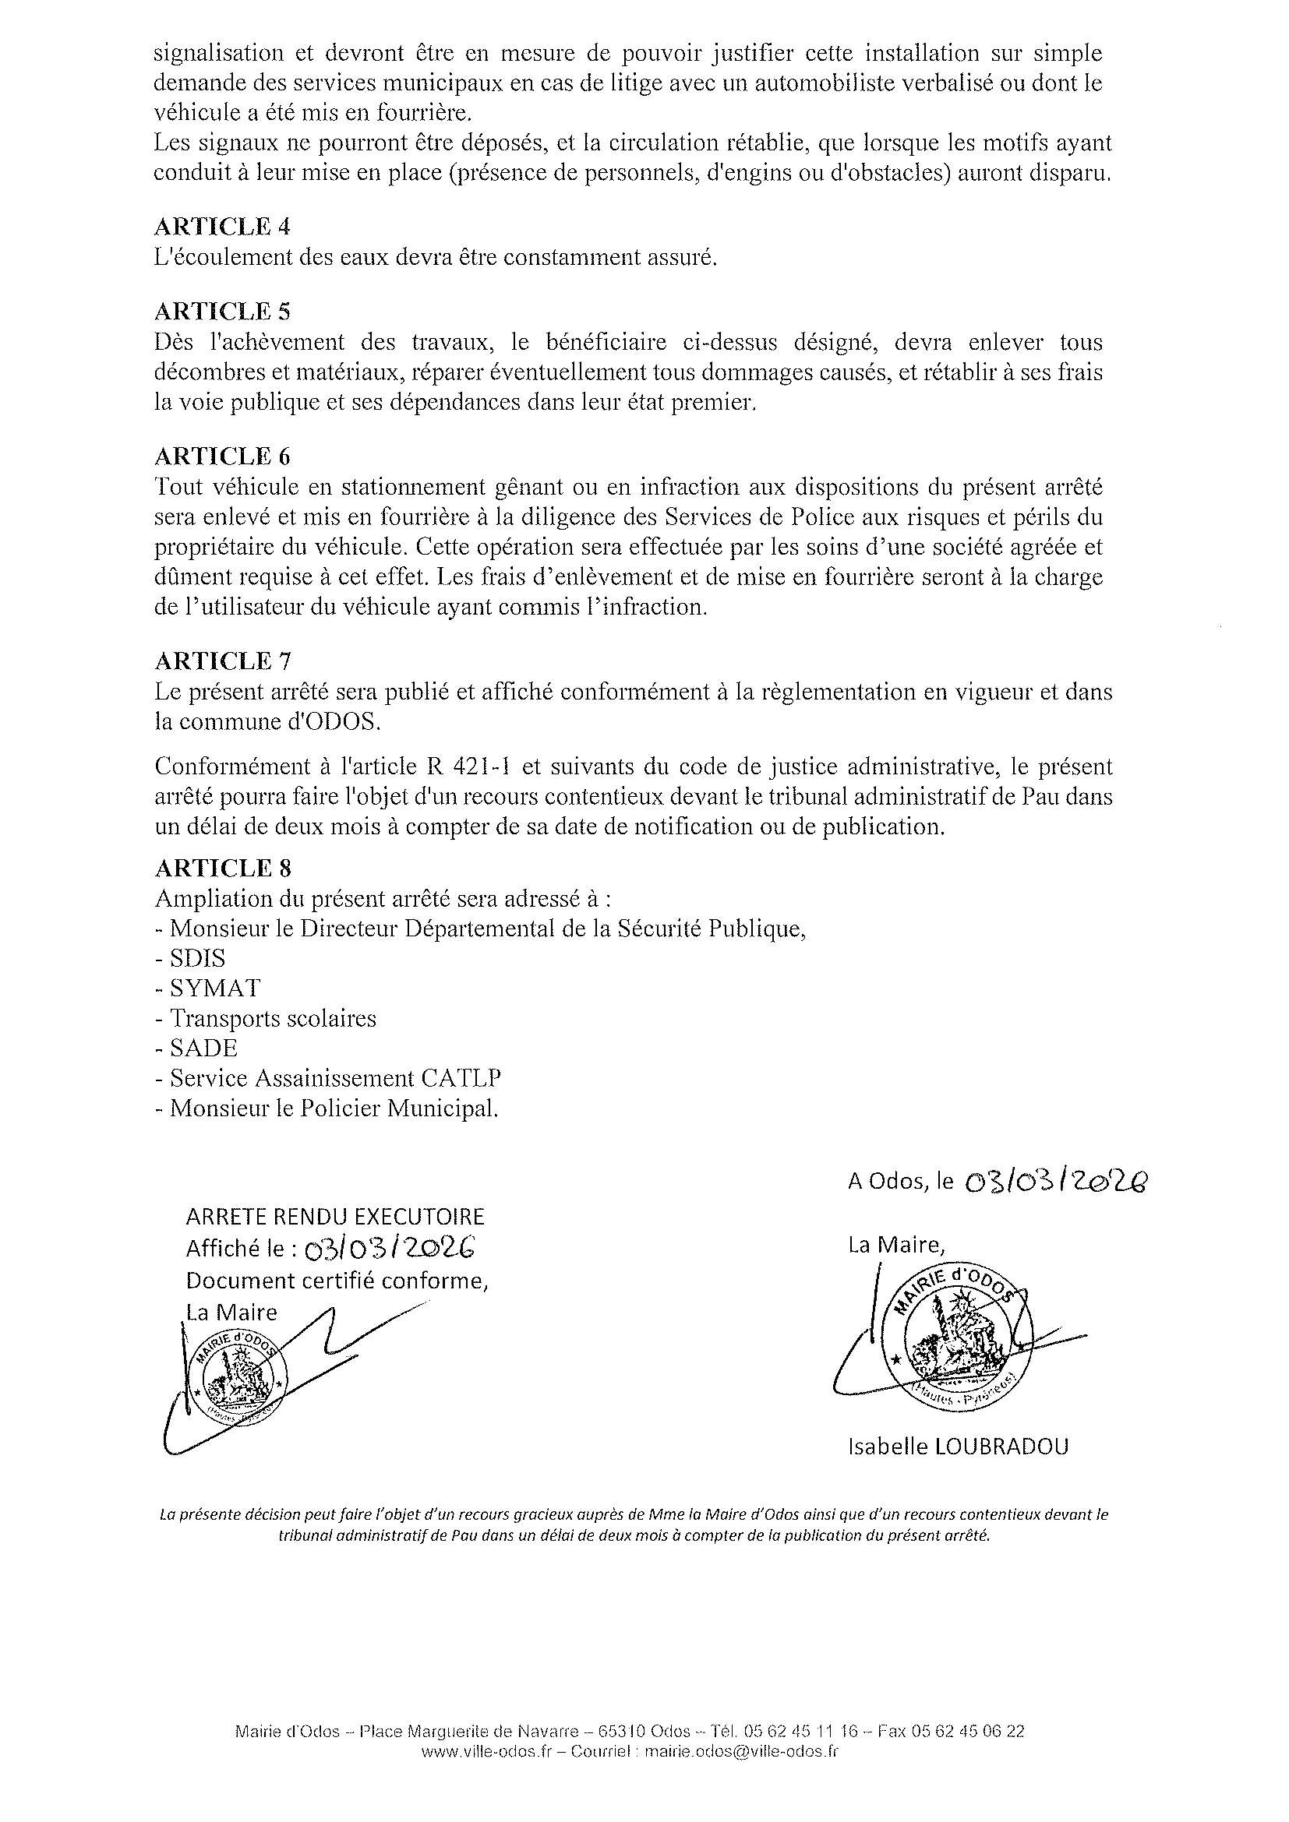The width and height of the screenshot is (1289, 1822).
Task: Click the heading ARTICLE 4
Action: pos(221,227)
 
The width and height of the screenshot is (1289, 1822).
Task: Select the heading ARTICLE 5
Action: pos(221,310)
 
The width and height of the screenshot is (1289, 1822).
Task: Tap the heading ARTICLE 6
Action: pos(221,456)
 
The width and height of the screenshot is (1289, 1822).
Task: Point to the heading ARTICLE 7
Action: pos(221,661)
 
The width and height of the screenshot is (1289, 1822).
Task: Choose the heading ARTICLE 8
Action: pos(221,867)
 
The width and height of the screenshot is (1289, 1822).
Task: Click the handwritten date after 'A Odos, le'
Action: pos(1056,1183)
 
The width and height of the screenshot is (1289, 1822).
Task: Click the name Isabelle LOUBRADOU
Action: pos(958,1447)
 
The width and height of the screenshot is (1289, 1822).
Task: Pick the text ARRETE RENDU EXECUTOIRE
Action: pos(334,1217)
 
